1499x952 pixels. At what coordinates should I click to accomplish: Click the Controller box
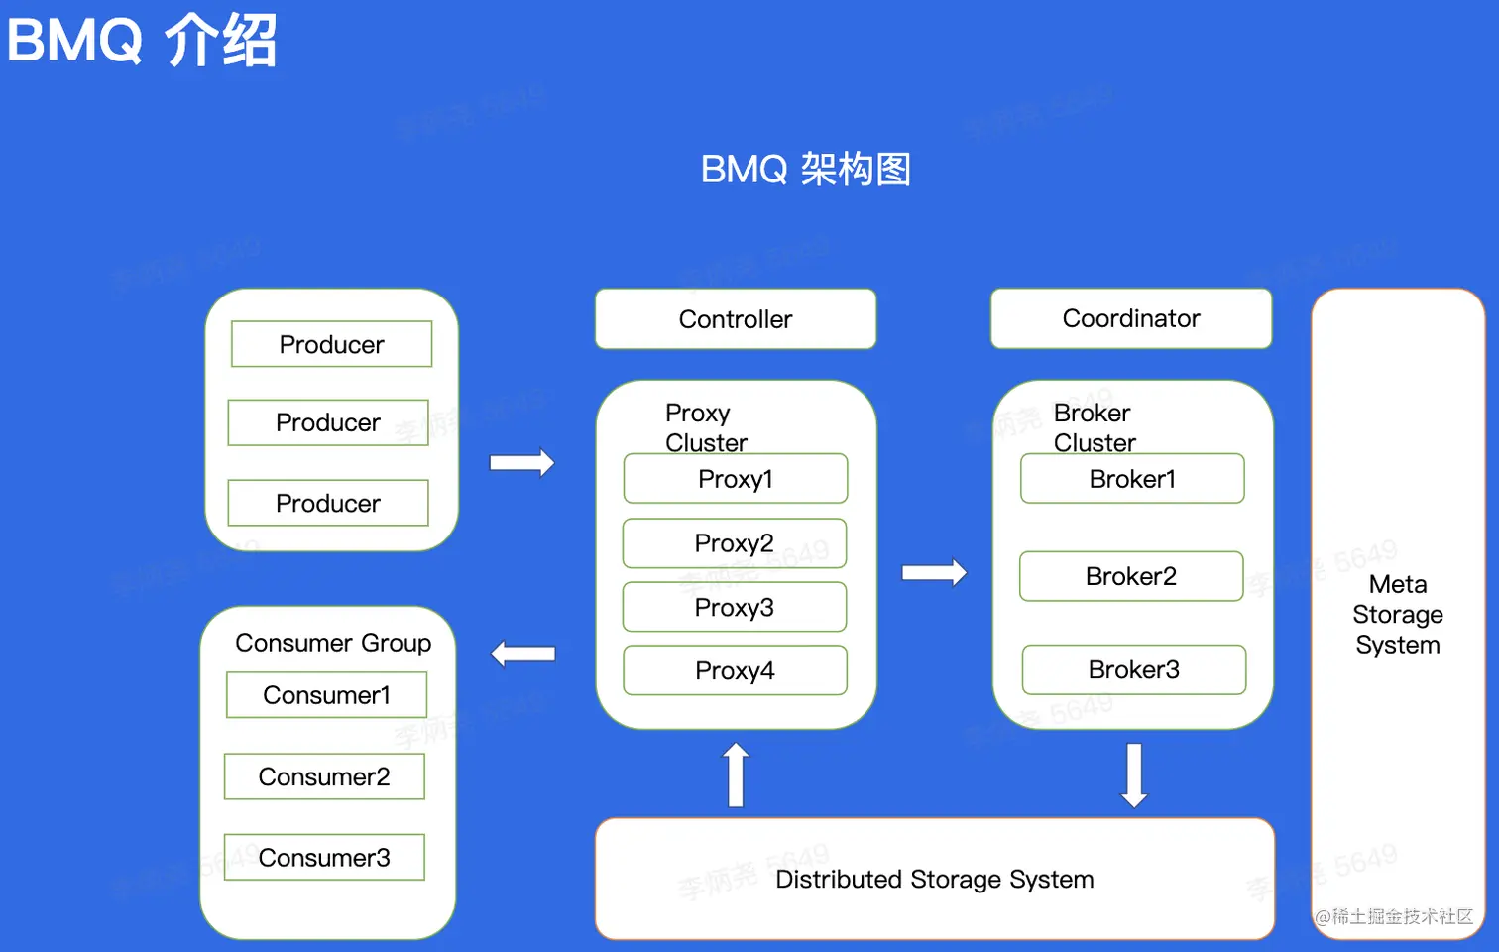pyautogui.click(x=736, y=319)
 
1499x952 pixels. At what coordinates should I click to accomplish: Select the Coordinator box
pyautogui.click(x=1131, y=318)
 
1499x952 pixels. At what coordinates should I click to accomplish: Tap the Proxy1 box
pyautogui.click(x=736, y=479)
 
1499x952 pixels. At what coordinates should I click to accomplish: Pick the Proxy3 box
pyautogui.click(x=735, y=607)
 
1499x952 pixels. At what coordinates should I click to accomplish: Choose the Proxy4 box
pyautogui.click(x=735, y=670)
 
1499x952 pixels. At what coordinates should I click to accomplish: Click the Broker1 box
pyautogui.click(x=1132, y=479)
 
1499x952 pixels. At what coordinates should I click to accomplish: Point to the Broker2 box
pyautogui.click(x=1131, y=576)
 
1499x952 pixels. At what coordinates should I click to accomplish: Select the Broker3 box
pyautogui.click(x=1134, y=669)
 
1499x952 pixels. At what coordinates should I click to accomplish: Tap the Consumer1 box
pyautogui.click(x=326, y=695)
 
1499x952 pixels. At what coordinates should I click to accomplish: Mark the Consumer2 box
pyautogui.click(x=324, y=776)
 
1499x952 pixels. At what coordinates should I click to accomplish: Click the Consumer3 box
pyautogui.click(x=324, y=858)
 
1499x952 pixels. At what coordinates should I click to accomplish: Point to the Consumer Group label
pyautogui.click(x=333, y=643)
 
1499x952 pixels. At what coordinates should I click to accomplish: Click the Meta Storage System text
pyautogui.click(x=1398, y=615)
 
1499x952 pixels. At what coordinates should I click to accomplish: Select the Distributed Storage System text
pyautogui.click(x=934, y=880)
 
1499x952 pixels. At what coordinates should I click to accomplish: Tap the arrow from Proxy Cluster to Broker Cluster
pyautogui.click(x=934, y=572)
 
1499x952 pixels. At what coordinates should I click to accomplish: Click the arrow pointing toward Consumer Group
pyautogui.click(x=523, y=654)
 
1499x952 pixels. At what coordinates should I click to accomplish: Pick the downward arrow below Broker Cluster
pyautogui.click(x=1134, y=774)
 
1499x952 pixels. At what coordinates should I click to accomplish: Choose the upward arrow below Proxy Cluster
pyautogui.click(x=736, y=774)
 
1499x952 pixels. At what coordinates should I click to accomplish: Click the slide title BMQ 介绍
pyautogui.click(x=141, y=41)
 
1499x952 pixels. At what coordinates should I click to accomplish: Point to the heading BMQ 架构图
pyautogui.click(x=805, y=170)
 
